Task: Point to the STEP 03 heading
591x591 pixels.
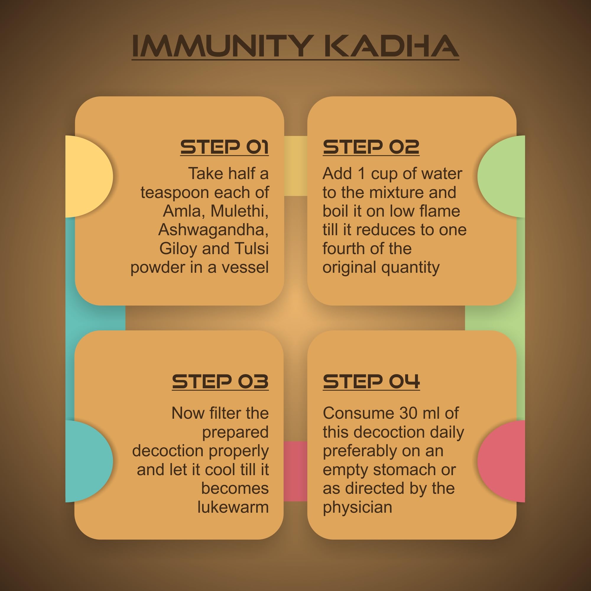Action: (x=220, y=381)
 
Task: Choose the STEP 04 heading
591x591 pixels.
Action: (x=371, y=381)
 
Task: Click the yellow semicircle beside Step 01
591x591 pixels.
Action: (x=89, y=176)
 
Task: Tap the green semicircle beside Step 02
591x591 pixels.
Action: (x=501, y=176)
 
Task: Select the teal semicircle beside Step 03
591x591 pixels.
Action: (x=89, y=461)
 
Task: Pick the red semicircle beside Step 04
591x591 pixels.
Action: (x=501, y=461)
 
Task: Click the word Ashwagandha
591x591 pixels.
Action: (x=213, y=230)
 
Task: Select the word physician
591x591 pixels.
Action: (x=357, y=508)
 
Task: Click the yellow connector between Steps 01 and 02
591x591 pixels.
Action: (x=295, y=166)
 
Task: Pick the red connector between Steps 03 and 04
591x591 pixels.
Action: (x=295, y=471)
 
